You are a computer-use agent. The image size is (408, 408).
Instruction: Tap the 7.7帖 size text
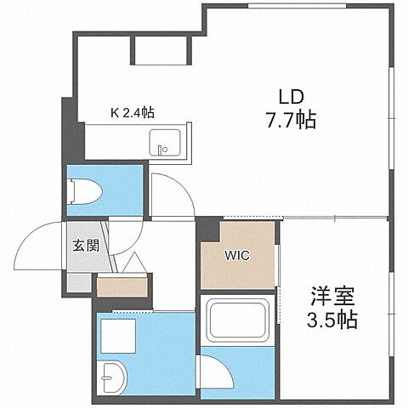click(x=289, y=120)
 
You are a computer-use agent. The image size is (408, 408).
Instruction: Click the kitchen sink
click(x=167, y=142)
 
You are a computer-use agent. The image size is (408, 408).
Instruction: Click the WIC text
click(x=237, y=255)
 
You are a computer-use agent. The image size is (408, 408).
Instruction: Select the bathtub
click(x=237, y=321)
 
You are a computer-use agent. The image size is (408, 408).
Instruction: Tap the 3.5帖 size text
click(x=332, y=321)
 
